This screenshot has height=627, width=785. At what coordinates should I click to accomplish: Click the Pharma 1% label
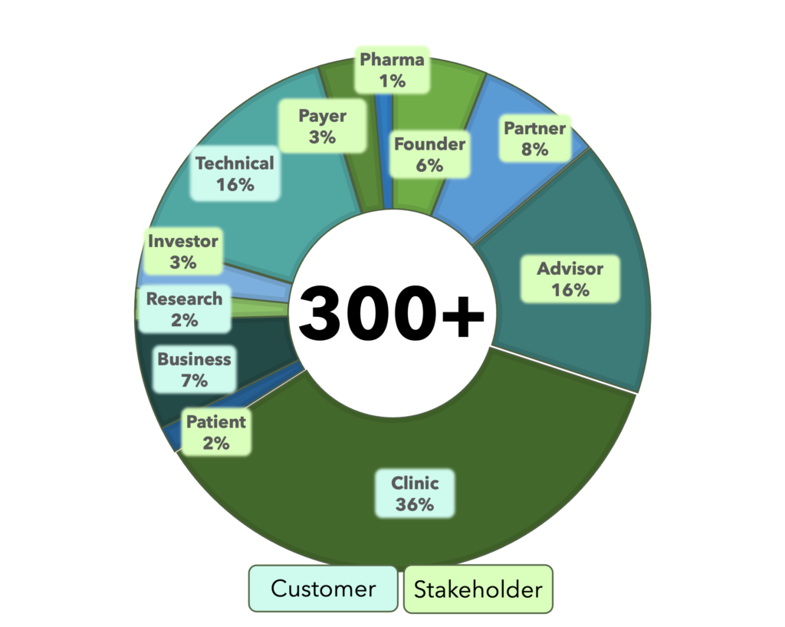[392, 70]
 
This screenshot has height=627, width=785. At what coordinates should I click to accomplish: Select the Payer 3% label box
[323, 126]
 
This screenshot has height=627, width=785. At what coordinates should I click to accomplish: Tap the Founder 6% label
[429, 154]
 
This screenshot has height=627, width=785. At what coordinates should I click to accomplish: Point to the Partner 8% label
[534, 138]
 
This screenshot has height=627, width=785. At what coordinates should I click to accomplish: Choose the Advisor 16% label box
[570, 279]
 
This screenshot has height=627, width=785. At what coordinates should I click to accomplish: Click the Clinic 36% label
[415, 493]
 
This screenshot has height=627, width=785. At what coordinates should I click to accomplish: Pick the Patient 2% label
[215, 432]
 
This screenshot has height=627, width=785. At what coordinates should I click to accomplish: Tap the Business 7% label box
[194, 369]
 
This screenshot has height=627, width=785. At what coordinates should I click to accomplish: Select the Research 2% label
[184, 309]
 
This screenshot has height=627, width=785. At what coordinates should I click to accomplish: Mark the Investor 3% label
[182, 251]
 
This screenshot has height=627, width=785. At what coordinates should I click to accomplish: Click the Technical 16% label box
[235, 173]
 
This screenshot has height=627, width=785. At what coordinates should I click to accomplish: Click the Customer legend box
[324, 589]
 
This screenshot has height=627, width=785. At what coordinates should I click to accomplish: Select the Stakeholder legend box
[478, 589]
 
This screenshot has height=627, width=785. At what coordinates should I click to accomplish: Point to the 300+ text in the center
[391, 313]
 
